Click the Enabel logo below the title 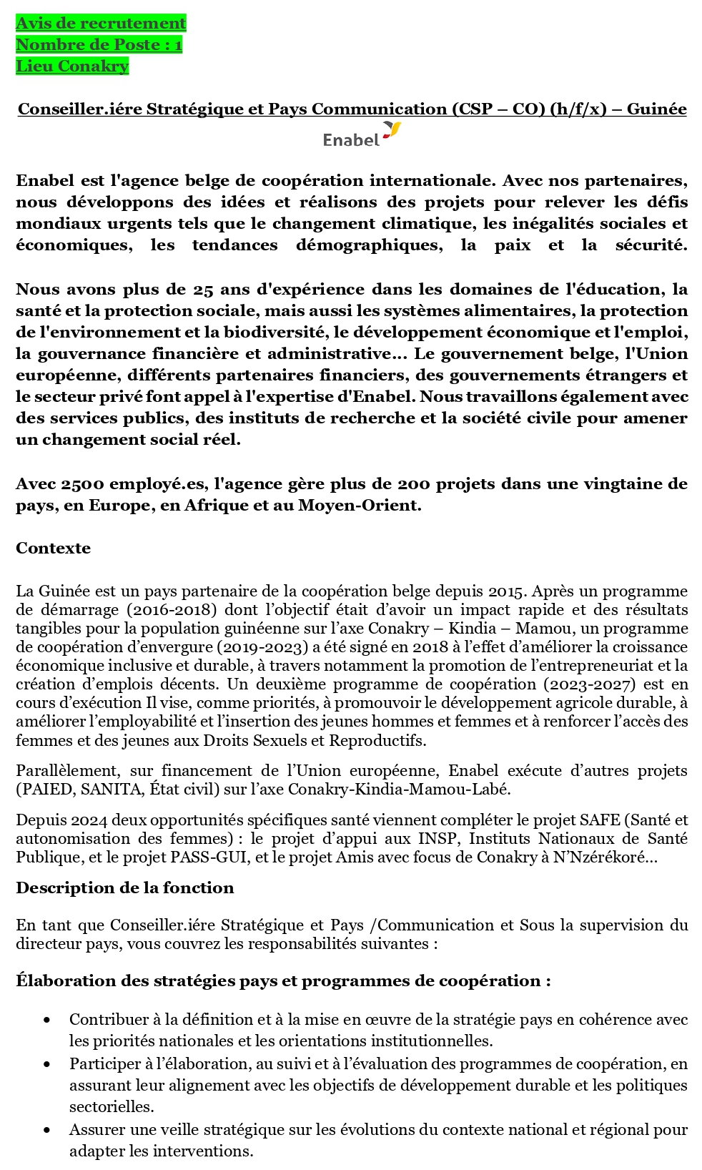pos(361,134)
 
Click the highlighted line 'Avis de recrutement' pos(101,24)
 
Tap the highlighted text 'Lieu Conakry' pos(72,67)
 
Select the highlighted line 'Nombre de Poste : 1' pos(99,45)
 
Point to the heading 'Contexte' pos(54,549)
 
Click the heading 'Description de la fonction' pos(125,888)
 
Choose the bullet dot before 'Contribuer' pos(47,1020)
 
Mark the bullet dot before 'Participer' pos(47,1064)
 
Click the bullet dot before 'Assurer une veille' pos(47,1130)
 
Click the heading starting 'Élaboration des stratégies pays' pos(283,981)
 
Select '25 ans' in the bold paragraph pos(218,290)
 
